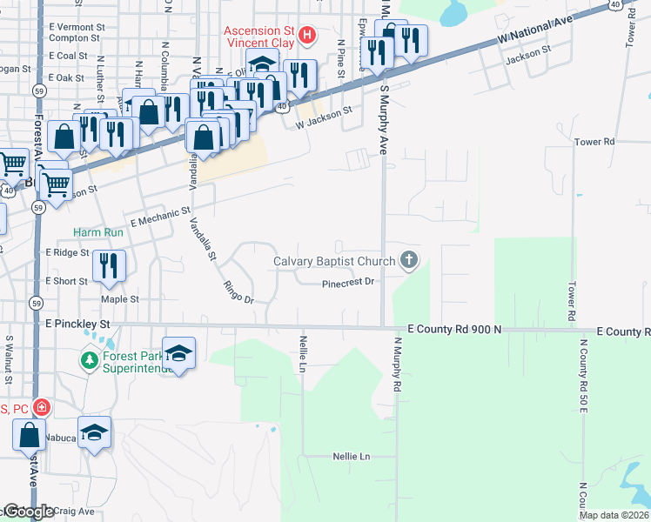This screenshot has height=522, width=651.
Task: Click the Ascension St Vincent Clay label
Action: pos(259,35)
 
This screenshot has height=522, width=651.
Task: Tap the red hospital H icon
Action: pos(306,36)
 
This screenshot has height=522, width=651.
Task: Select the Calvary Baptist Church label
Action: pos(334,261)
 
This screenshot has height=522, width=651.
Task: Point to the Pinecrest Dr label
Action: pos(347,283)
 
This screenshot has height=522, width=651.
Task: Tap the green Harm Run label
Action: pos(98,233)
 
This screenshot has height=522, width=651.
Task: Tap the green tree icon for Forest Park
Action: pos(89,359)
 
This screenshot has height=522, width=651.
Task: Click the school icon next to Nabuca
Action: pos(95,432)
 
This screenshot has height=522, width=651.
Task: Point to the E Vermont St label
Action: pos(77,28)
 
